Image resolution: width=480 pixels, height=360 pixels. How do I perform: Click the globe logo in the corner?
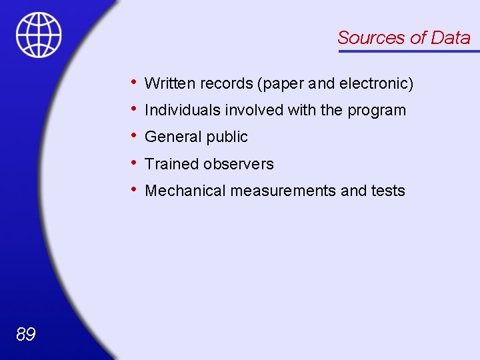[x=39, y=35]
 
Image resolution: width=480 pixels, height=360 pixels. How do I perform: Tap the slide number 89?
[x=25, y=334]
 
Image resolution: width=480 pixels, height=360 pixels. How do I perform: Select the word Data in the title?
[x=451, y=38]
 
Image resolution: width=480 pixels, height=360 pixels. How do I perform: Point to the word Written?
[x=168, y=83]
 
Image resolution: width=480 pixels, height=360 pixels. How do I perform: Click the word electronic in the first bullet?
[x=376, y=83]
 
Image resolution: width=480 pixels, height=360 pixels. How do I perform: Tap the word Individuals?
[x=179, y=110]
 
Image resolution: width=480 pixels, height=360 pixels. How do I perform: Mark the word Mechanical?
[x=185, y=191]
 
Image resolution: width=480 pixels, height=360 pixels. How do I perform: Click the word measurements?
[x=283, y=191]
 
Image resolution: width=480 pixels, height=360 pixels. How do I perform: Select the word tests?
[x=388, y=191]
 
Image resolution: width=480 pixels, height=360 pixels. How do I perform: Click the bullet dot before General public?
[x=135, y=135]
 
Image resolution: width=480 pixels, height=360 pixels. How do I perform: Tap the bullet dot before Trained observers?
[x=135, y=162]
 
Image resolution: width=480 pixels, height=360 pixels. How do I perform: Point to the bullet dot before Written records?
[x=135, y=81]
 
